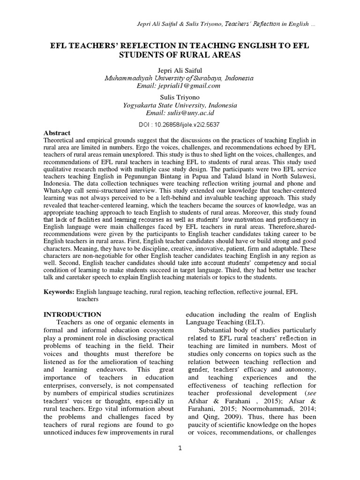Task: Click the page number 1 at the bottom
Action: tap(180, 448)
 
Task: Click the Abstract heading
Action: tap(57, 133)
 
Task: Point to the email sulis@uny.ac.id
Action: tap(180, 113)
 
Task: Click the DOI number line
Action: tap(180, 125)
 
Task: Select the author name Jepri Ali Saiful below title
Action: tap(180, 70)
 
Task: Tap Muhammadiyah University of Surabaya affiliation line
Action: tap(180, 78)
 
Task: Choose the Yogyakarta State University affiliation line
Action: tap(180, 106)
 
